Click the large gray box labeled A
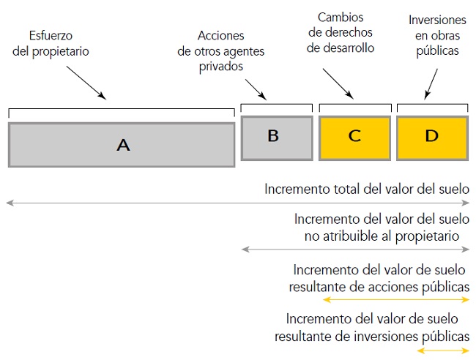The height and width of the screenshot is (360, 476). click(122, 145)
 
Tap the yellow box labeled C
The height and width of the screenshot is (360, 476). click(354, 136)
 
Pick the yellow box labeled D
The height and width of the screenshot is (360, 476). click(432, 136)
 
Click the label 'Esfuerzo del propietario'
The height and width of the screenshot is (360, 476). click(62, 43)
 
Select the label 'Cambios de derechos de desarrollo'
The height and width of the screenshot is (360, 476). click(341, 32)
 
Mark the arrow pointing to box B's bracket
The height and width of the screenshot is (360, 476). click(256, 89)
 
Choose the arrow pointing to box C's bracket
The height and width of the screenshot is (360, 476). click(338, 85)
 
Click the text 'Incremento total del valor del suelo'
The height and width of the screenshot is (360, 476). click(366, 189)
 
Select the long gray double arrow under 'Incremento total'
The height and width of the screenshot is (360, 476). click(237, 202)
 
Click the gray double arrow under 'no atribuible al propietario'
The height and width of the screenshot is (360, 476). click(354, 250)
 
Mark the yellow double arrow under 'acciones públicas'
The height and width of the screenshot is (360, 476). click(395, 300)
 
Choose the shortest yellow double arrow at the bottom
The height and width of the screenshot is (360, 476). click(442, 350)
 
